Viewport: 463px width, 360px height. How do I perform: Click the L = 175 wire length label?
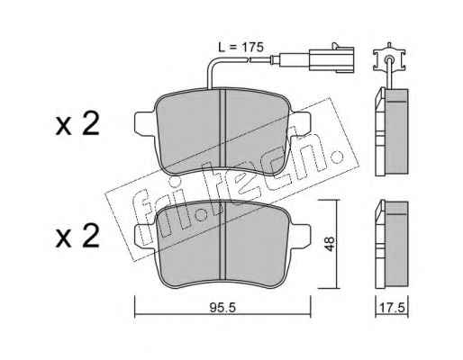241,47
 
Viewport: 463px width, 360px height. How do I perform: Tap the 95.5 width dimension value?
222,308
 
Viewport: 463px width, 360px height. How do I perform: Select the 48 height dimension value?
330,244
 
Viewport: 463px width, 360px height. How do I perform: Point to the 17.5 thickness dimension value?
393,308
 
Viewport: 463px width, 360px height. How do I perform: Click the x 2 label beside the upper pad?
77,125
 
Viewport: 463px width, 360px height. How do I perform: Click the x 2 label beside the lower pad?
77,237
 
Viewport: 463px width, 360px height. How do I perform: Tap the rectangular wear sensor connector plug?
331,59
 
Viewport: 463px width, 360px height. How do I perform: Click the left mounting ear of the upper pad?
145,123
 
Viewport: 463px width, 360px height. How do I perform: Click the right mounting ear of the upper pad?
299,123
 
